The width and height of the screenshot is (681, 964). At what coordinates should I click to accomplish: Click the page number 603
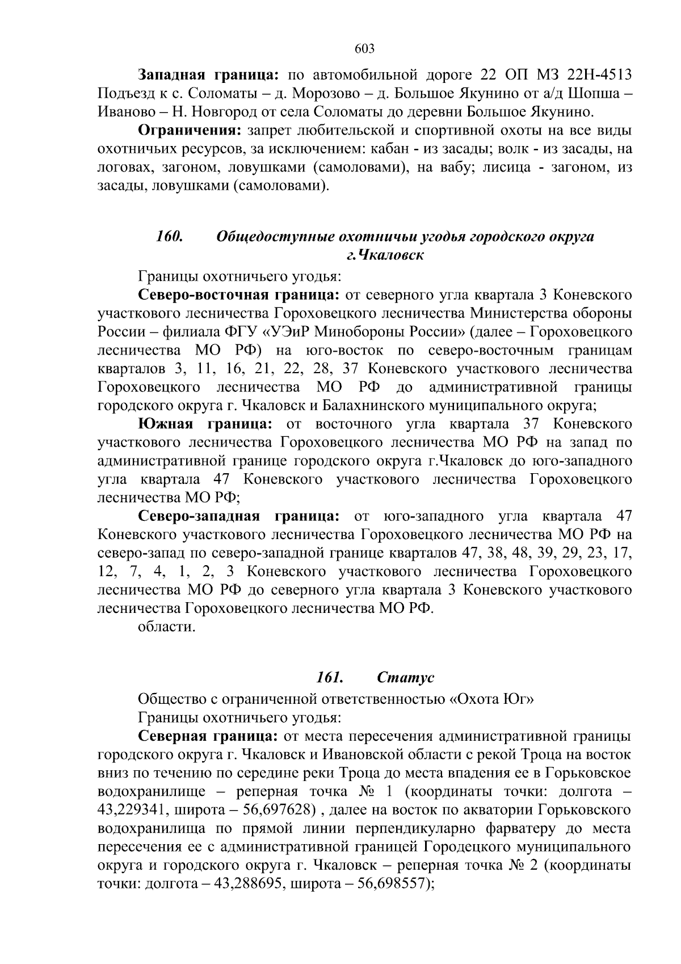point(364,49)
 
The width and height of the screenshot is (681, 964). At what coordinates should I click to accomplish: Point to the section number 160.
point(169,237)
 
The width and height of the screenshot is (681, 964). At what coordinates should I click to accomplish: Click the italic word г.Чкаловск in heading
point(385,256)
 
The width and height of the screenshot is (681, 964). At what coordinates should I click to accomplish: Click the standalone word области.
point(167,627)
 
